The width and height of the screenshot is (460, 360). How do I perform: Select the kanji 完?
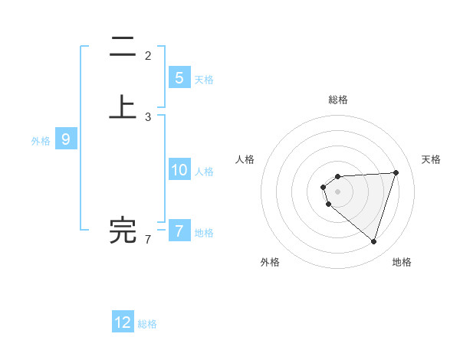(x=123, y=231)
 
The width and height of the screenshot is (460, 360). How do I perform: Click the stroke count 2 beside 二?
(x=148, y=56)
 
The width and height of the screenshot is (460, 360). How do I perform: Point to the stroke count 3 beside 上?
(x=148, y=117)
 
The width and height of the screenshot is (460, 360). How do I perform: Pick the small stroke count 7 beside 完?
(x=148, y=240)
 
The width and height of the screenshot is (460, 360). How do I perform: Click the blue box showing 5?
(x=179, y=78)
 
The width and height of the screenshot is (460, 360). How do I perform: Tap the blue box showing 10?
(x=179, y=170)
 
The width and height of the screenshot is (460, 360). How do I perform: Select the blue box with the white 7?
(x=179, y=231)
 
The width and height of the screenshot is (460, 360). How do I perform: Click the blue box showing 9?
(x=66, y=139)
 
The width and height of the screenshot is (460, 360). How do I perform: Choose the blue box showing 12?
(x=123, y=322)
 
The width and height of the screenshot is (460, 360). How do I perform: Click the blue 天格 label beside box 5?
(x=204, y=80)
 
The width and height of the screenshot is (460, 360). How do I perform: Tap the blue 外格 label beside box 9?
(x=41, y=141)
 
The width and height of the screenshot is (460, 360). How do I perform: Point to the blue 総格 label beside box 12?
(x=147, y=324)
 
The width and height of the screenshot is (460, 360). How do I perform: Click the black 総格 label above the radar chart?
(x=338, y=100)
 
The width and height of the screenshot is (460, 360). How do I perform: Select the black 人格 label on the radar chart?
(x=245, y=159)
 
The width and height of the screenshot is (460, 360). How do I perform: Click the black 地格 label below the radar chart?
(x=402, y=263)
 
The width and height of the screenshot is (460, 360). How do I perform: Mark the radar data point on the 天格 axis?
(x=396, y=172)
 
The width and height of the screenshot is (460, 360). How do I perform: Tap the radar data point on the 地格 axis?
(x=373, y=241)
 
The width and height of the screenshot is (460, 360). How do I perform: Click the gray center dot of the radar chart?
(x=338, y=191)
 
